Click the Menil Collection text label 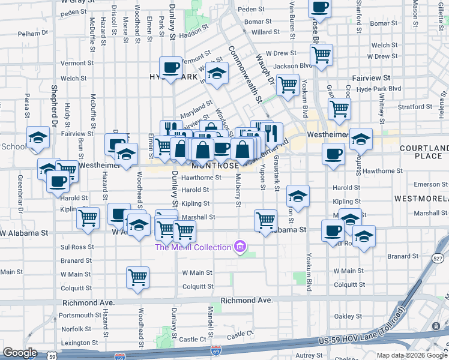point(193,247)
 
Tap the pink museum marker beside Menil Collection point(240,247)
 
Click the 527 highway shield point(438,258)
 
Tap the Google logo point(20,353)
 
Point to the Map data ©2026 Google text point(412,355)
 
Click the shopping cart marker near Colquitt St point(138,278)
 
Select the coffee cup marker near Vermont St point(170,67)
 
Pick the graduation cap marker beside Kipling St point(298,195)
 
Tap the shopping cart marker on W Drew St point(322,55)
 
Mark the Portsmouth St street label point(80,315)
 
